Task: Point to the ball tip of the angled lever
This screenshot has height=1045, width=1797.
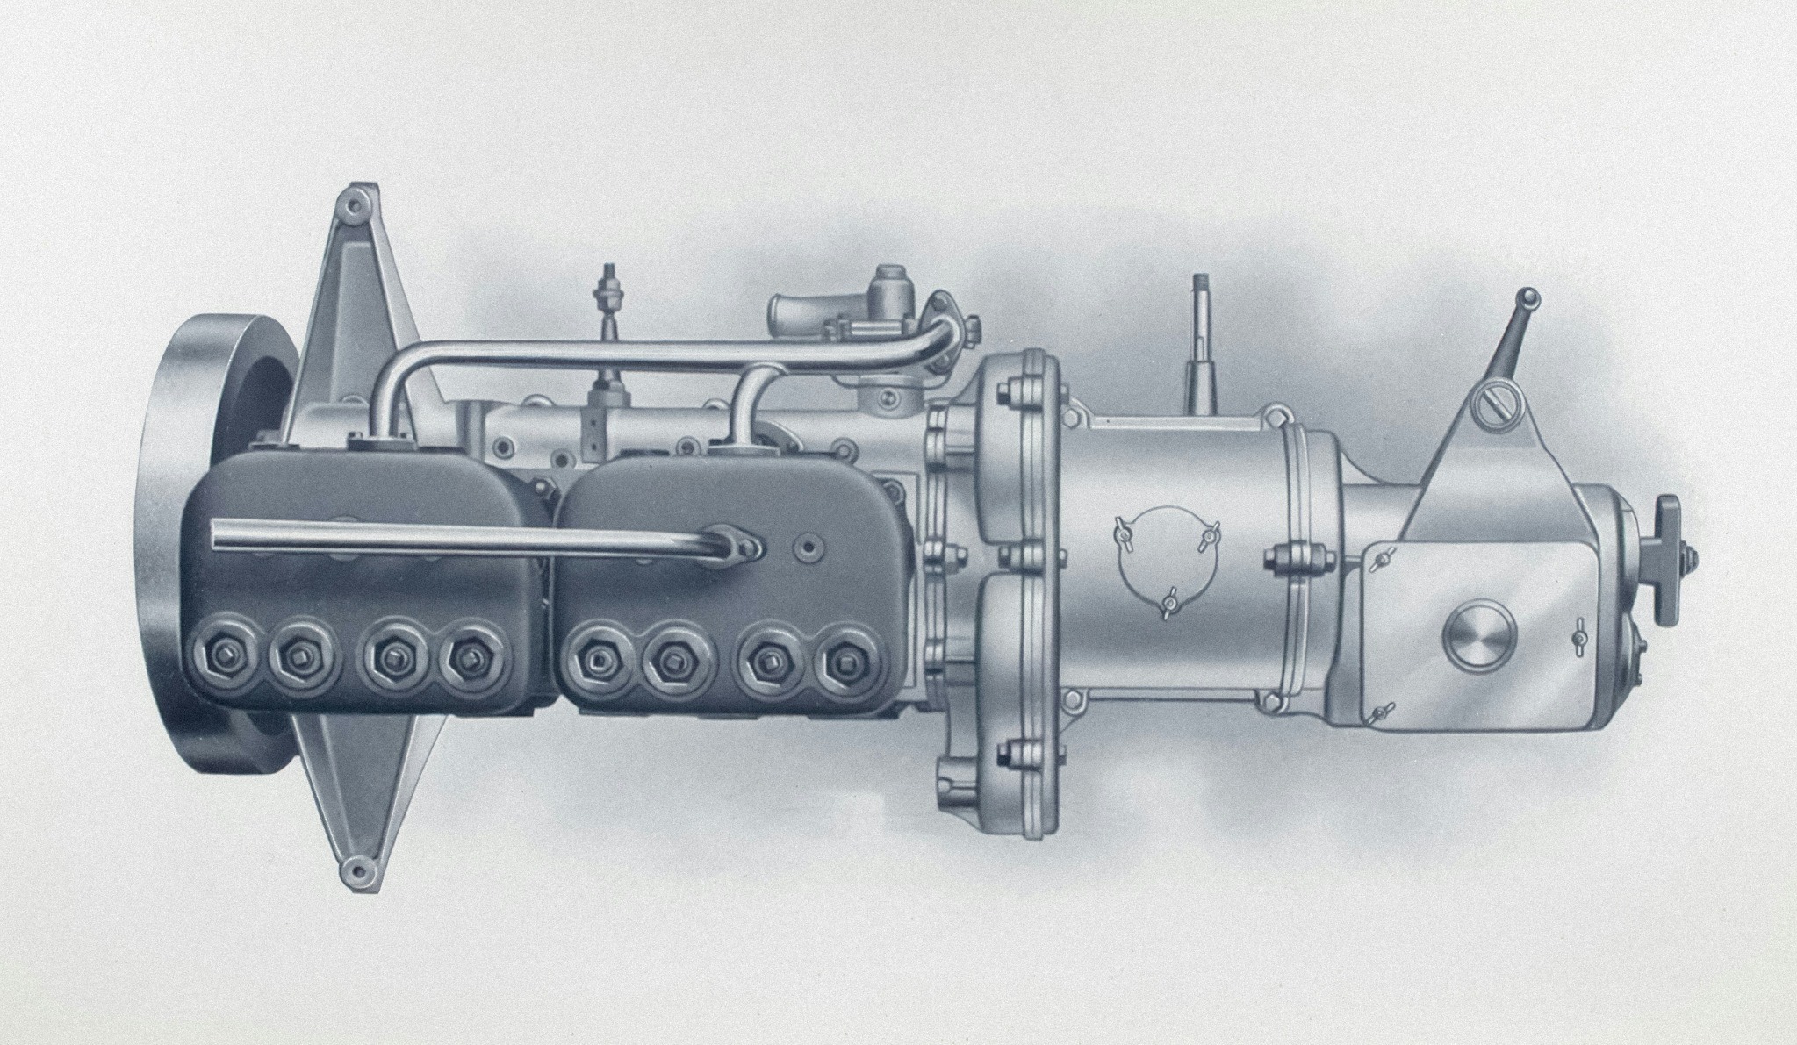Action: (1530, 297)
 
